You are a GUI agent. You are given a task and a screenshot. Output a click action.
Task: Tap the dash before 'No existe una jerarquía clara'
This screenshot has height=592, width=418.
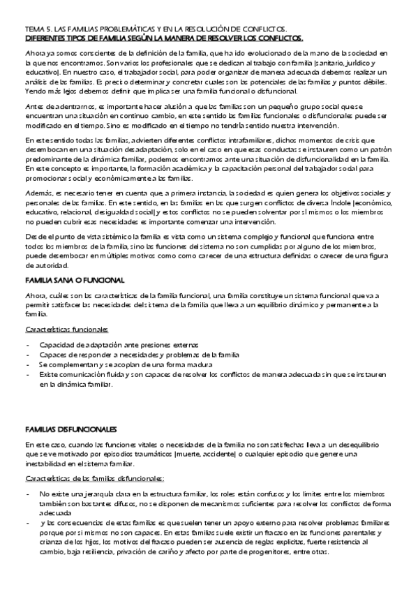[27, 493]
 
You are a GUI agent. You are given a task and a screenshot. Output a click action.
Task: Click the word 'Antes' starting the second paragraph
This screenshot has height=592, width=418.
[35, 105]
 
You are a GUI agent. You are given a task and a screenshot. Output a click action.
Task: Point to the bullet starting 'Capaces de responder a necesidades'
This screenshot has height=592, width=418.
[130, 355]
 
